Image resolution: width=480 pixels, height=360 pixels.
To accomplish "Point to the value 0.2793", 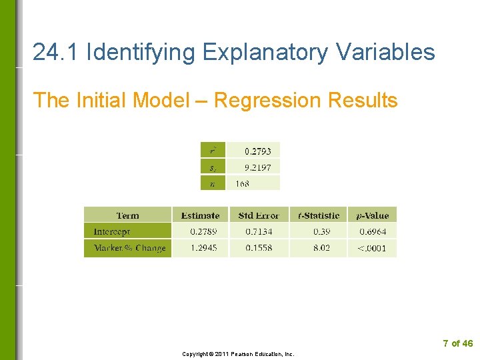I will [x=257, y=151].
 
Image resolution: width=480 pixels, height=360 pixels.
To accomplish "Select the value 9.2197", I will [x=257, y=167].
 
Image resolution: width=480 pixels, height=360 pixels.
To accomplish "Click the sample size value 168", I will [x=242, y=183].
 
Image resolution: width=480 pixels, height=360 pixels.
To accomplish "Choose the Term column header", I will [x=127, y=215].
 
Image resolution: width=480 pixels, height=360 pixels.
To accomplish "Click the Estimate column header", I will [x=200, y=215].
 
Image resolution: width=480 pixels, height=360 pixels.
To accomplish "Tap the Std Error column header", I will [x=259, y=215].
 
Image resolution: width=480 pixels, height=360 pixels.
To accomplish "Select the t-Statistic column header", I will [x=318, y=215].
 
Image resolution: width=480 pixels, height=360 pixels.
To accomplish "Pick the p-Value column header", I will [x=372, y=215].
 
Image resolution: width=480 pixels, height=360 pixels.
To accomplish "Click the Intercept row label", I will [x=112, y=232].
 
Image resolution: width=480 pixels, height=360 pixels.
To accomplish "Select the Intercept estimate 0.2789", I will [x=203, y=232].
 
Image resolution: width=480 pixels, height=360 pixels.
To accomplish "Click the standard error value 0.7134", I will [x=259, y=232].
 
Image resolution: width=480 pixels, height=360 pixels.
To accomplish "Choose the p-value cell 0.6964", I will [x=373, y=232].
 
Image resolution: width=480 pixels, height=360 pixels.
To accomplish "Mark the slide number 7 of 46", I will [x=457, y=343].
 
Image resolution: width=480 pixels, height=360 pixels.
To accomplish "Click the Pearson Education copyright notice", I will [x=238, y=354].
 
